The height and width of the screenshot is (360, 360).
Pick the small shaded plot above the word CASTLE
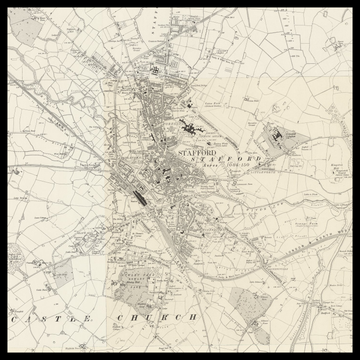click(60, 272)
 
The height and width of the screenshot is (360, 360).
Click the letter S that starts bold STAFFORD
click(179, 152)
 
